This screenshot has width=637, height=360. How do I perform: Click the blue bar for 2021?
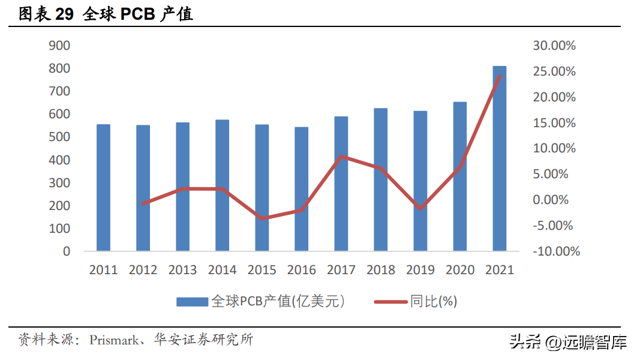(x=499, y=158)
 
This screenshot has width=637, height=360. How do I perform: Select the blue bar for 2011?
(x=103, y=188)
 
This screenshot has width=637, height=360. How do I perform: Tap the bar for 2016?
(x=302, y=189)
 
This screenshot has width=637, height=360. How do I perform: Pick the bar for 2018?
(x=381, y=179)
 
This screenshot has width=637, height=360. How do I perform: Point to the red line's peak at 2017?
(x=341, y=157)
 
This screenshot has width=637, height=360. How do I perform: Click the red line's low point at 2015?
(x=262, y=218)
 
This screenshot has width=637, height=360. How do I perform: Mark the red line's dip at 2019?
(x=420, y=208)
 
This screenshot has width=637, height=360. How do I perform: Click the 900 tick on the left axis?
(x=59, y=46)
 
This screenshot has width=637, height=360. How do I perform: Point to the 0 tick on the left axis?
(x=67, y=251)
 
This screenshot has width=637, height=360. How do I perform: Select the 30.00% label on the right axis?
(x=554, y=46)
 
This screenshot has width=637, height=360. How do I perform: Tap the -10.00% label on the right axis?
(x=556, y=251)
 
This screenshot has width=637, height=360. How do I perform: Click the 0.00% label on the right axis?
(x=551, y=200)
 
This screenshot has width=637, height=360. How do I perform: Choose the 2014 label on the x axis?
(x=222, y=270)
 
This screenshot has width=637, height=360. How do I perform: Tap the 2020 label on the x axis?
(x=460, y=270)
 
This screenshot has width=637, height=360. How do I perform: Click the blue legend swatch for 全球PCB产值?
(x=192, y=302)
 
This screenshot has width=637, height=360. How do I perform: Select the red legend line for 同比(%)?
(x=390, y=302)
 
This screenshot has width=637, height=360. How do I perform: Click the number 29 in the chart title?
(x=64, y=14)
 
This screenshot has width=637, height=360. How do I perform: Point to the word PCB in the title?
(x=138, y=14)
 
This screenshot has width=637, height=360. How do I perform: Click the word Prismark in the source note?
(x=114, y=340)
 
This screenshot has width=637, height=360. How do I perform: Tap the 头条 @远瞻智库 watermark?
(x=569, y=342)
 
